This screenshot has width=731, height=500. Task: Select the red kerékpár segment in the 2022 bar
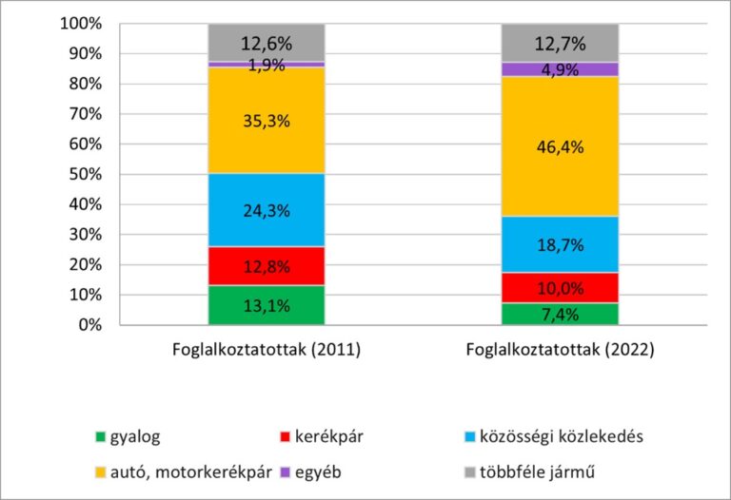pyautogui.click(x=560, y=287)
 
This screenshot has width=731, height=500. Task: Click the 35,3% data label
pyautogui.click(x=267, y=122)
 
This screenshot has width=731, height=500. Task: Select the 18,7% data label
pyautogui.click(x=560, y=244)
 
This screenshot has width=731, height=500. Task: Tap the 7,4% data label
pyautogui.click(x=560, y=314)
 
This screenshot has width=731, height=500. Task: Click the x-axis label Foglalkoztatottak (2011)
pyautogui.click(x=267, y=350)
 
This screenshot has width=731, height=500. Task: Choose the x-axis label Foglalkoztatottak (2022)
pyautogui.click(x=560, y=350)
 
